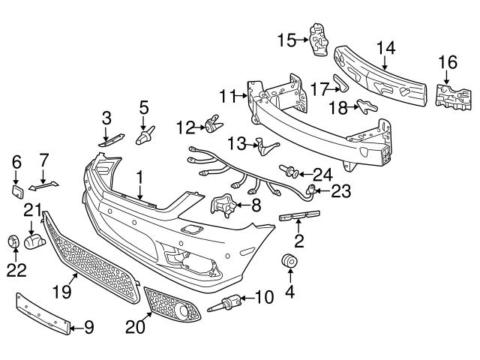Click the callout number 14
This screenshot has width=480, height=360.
click(385, 46)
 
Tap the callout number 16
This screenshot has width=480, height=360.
click(446, 62)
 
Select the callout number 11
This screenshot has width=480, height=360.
click(228, 95)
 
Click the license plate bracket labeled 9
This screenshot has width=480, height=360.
click(45, 313)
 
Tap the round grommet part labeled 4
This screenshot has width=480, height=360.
click(288, 263)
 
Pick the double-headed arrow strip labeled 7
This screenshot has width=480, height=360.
click(44, 184)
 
